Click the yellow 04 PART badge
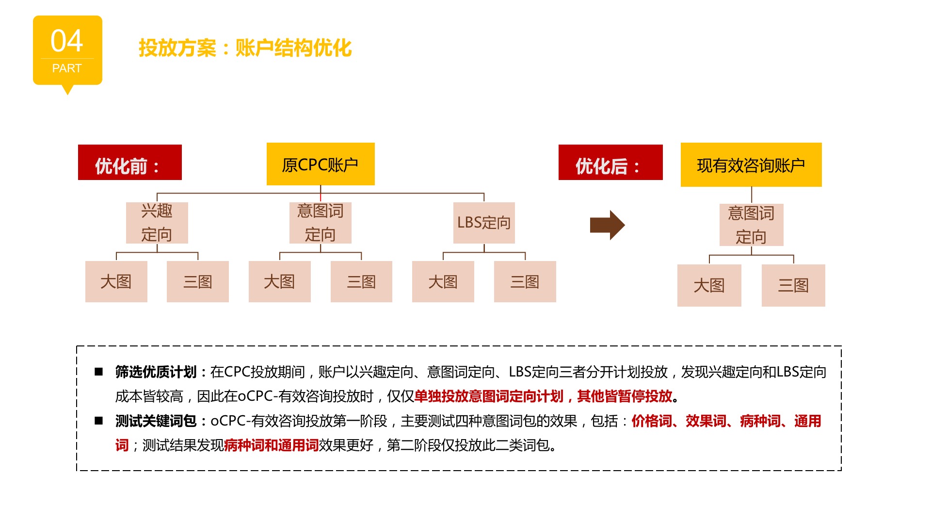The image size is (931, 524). pos(67,50)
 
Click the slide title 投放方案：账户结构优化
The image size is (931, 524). pos(245,48)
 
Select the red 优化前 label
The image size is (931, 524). pos(130,162)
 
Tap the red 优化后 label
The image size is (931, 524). pos(610,162)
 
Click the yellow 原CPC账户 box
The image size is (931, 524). pos(321,164)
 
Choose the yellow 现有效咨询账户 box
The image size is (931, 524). pos(751,164)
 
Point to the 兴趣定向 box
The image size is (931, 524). pos(157,223)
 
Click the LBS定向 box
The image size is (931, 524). pos(484,223)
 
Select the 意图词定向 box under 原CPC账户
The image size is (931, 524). pos(321,223)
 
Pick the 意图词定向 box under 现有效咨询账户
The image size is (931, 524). pos(752,225)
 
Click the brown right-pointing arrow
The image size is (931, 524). pos(607,225)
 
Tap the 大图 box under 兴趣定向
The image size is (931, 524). pos(116,281)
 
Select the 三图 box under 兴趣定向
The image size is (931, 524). pos(198,281)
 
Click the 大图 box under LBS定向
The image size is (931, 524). pos(443,281)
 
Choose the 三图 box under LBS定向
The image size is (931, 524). pos(525,281)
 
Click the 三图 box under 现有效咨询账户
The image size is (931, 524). pos(793,285)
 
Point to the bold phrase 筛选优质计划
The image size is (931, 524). pos(156,372)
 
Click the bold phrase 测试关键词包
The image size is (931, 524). pos(156,421)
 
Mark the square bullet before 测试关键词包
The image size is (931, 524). pos(99,421)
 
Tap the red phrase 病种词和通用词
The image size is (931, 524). pos(272,445)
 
